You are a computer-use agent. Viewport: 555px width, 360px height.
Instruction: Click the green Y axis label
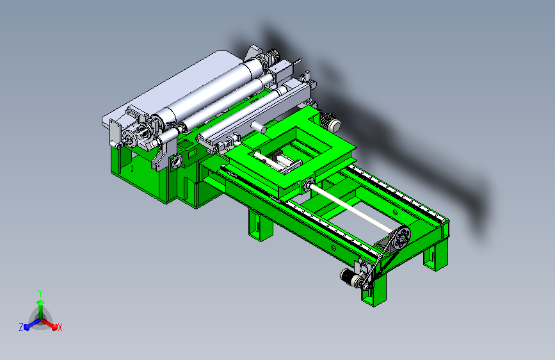pyautogui.click(x=40, y=293)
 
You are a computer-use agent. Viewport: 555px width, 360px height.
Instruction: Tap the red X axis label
pyautogui.click(x=60, y=328)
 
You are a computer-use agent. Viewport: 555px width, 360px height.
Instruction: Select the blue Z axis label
pyautogui.click(x=21, y=327)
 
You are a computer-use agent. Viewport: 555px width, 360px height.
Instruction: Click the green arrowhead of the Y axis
pyautogui.click(x=41, y=302)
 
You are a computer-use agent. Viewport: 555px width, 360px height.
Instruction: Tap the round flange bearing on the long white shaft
pyautogui.click(x=309, y=185)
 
